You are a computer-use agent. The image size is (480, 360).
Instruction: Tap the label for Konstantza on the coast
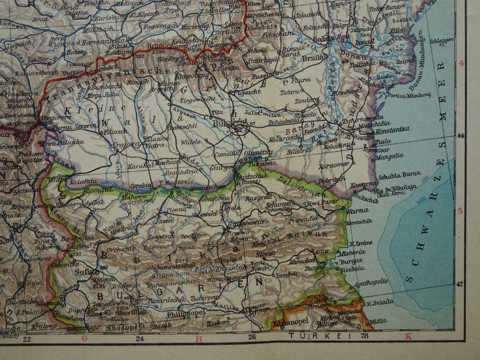pos(392,129)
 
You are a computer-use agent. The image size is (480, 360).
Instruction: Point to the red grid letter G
pos(84,338)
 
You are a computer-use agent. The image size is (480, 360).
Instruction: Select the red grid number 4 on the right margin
pos(462,63)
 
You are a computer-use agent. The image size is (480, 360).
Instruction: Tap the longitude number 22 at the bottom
pos(26,339)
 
